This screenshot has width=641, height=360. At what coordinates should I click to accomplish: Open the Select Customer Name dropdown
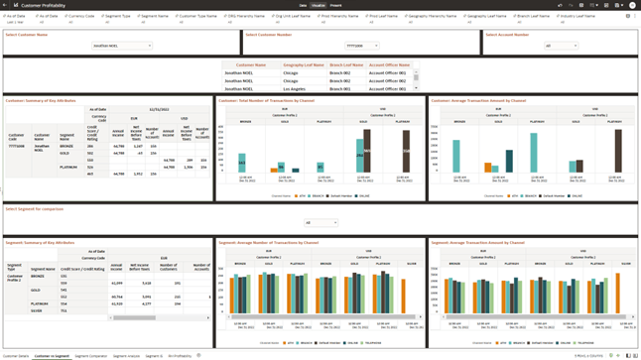click(122, 46)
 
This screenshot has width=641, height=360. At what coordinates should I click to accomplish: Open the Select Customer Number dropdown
click(361, 46)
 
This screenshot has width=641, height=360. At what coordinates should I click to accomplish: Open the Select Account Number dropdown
click(561, 46)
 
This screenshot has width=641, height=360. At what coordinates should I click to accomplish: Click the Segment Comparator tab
click(90, 355)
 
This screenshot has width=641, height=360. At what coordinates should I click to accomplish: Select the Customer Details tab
click(16, 355)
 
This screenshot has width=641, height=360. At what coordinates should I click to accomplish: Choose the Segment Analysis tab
click(126, 355)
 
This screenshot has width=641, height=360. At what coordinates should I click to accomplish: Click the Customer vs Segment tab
click(52, 355)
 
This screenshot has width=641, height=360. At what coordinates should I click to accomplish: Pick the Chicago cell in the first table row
click(290, 72)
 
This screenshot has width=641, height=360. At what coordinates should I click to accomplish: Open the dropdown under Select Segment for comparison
click(321, 223)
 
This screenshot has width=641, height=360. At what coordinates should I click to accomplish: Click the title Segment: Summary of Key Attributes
click(41, 242)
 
